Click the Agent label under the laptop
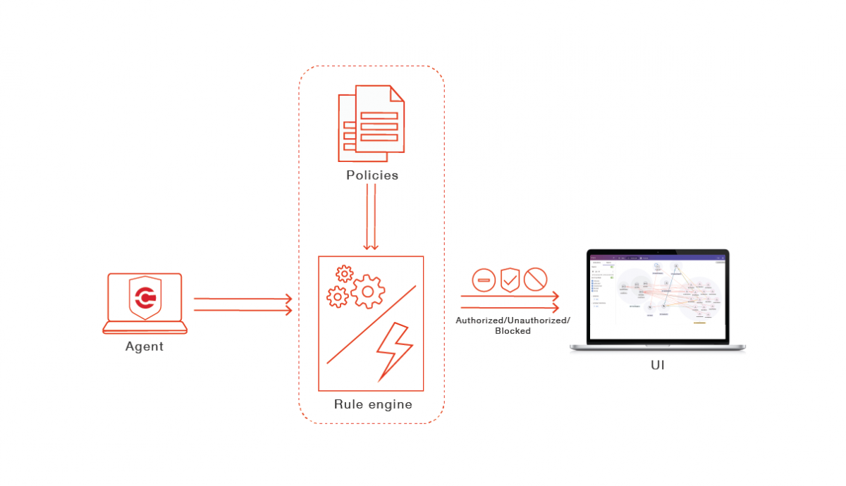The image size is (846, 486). click(x=145, y=347)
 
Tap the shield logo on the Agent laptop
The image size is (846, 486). click(x=145, y=297)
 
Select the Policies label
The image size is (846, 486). click(x=372, y=175)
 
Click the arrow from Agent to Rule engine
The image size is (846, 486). click(x=243, y=304)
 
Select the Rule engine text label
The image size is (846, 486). click(x=373, y=405)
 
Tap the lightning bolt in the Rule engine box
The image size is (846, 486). click(x=393, y=351)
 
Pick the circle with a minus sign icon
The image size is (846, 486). click(x=484, y=280)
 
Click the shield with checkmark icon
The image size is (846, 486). click(x=510, y=280)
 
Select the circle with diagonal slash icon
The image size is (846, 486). click(x=536, y=280)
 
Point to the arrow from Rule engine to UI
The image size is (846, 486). click(x=510, y=302)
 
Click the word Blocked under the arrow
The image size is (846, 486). click(x=513, y=331)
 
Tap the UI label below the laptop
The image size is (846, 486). click(x=657, y=366)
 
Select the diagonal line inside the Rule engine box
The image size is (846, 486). click(x=371, y=325)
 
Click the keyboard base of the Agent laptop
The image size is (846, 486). click(x=145, y=328)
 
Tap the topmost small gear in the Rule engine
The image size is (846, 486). click(x=344, y=273)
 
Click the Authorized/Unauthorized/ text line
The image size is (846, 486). click(x=513, y=320)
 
